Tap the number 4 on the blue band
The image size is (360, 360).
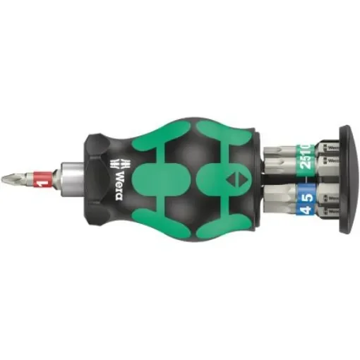[304, 208]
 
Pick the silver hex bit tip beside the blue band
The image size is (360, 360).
[278, 201]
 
